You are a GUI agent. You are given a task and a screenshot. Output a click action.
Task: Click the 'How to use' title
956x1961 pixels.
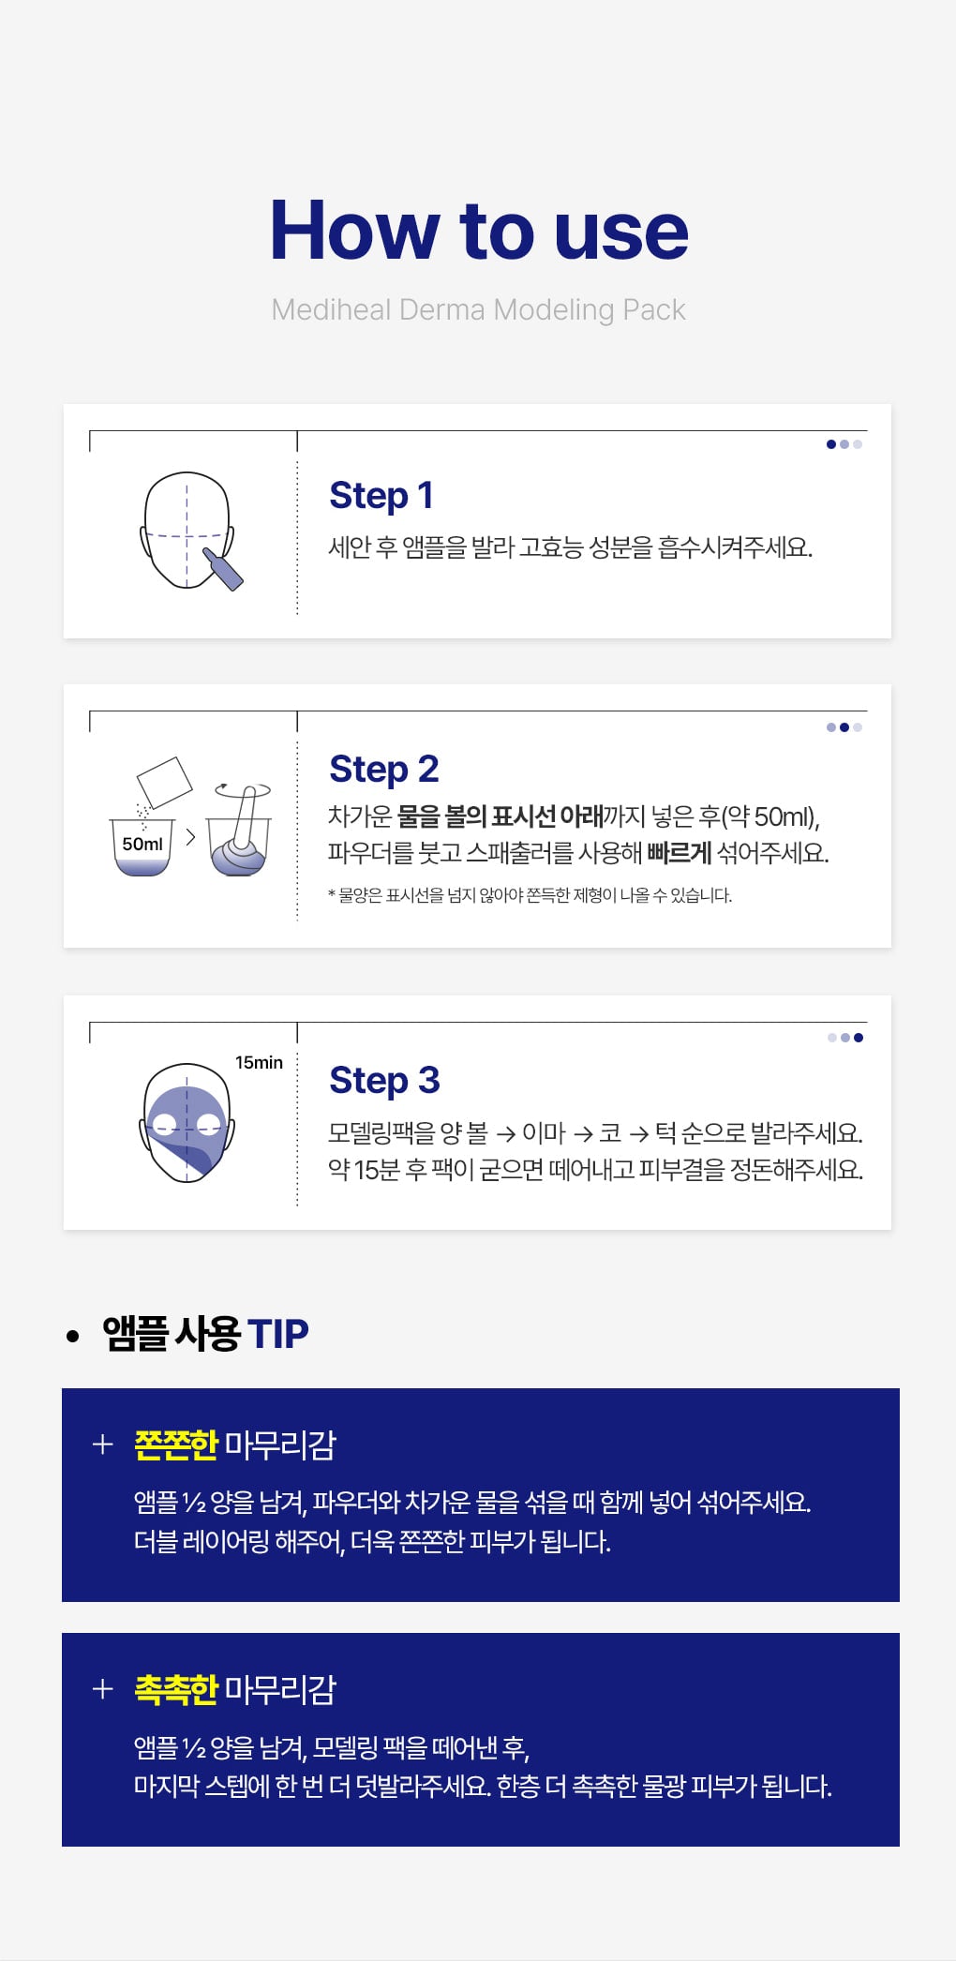pos(479,230)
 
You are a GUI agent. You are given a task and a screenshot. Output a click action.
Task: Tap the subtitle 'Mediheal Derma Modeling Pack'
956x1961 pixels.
pos(478,309)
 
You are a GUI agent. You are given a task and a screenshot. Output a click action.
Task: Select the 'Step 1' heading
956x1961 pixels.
pos(381,495)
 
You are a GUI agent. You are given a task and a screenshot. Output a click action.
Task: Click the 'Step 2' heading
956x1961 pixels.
pos(384,769)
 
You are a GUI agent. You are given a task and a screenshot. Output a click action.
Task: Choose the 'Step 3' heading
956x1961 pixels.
pos(384,1080)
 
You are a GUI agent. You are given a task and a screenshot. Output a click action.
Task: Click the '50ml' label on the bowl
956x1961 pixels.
pos(142,844)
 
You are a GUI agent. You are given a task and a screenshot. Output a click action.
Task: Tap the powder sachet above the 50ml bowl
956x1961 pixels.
pos(164,782)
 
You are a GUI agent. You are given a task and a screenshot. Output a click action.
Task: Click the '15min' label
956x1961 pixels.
pos(259,1062)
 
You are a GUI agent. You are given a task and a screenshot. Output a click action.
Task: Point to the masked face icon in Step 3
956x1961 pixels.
pos(187,1123)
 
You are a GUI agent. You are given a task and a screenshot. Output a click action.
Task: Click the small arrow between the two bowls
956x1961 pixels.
pos(190,836)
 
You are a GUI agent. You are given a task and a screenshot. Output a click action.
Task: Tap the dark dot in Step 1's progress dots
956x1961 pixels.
pos(831,444)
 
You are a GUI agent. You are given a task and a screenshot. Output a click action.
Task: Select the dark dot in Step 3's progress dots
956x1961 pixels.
pos(859,1038)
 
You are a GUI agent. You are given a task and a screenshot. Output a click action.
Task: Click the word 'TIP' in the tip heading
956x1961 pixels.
pos(278,1334)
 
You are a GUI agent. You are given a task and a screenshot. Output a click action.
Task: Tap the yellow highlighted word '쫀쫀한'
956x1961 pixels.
pos(176,1445)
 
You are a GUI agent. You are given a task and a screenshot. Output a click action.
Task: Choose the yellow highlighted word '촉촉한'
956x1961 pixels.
pos(176,1689)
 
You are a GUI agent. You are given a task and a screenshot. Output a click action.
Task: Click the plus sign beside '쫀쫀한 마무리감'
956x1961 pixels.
pos(103,1445)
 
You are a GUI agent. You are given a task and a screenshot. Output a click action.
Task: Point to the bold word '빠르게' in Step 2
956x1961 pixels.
pos(680,853)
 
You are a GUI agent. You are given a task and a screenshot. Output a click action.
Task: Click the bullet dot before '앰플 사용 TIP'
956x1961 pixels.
pos(73,1336)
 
